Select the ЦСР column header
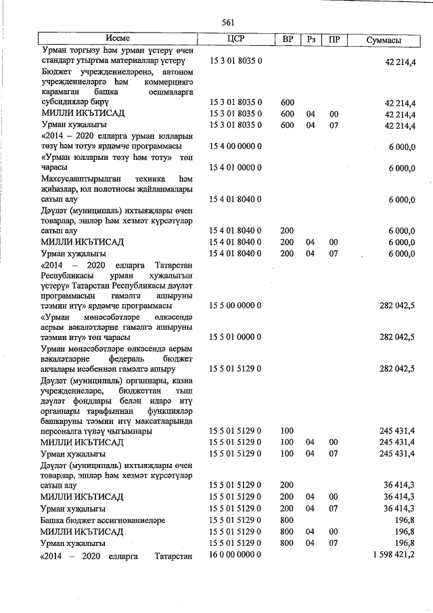(x=235, y=40)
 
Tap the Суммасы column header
(x=383, y=40)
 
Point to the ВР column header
(x=287, y=40)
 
